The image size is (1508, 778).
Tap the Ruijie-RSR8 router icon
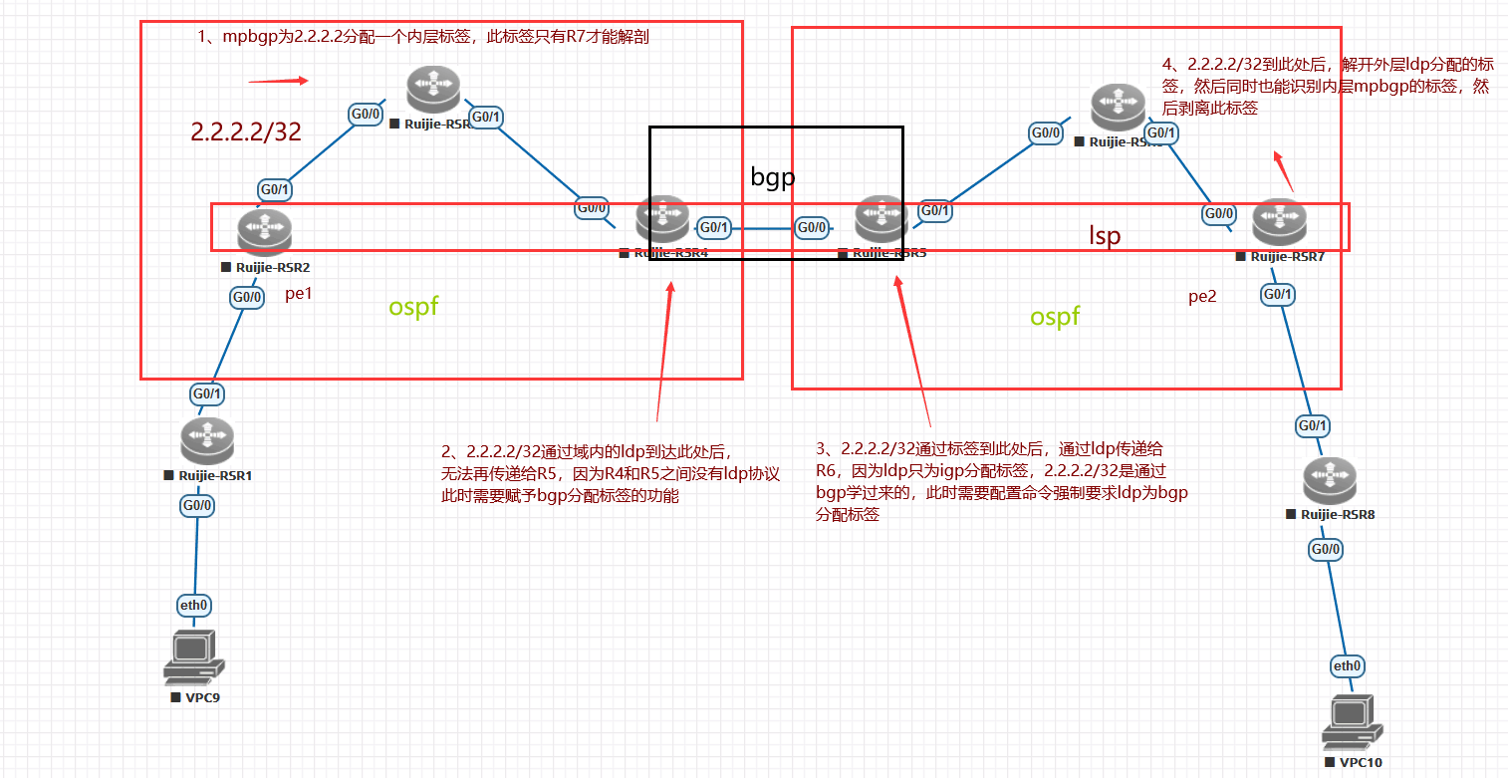pyautogui.click(x=1329, y=482)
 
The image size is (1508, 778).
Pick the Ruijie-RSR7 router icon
pyautogui.click(x=1279, y=223)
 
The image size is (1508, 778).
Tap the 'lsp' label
pyautogui.click(x=1105, y=236)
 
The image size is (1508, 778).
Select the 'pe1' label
pyautogui.click(x=299, y=294)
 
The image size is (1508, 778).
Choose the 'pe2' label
pyautogui.click(x=1202, y=296)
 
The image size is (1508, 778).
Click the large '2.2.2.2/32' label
pyautogui.click(x=246, y=131)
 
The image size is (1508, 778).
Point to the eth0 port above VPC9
pyautogui.click(x=194, y=605)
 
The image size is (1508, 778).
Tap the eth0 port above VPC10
pyautogui.click(x=1348, y=665)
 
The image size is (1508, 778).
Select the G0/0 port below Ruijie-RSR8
pyautogui.click(x=1326, y=549)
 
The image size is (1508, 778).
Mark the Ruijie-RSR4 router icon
pyautogui.click(x=663, y=220)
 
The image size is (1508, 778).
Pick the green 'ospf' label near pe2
pyautogui.click(x=1055, y=317)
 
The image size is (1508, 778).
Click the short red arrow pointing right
pyautogui.click(x=279, y=81)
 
